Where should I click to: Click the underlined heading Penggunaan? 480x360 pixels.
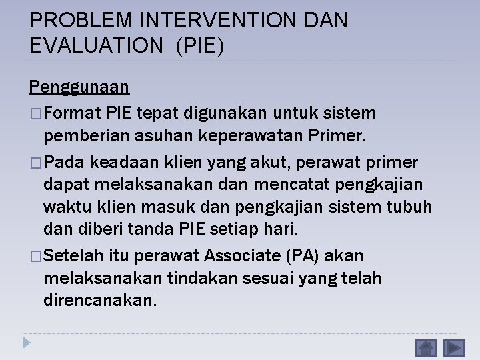pos(79,87)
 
